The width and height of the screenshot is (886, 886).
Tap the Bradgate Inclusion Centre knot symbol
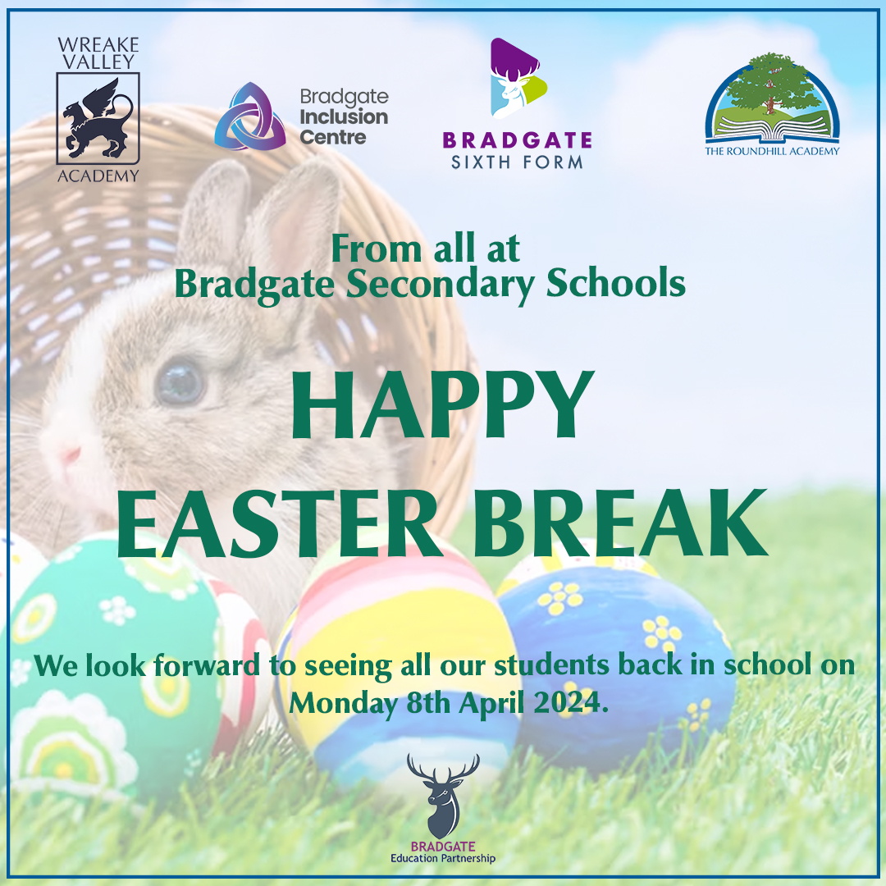pyautogui.click(x=250, y=116)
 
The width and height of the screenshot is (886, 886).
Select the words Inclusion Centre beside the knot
pyautogui.click(x=344, y=127)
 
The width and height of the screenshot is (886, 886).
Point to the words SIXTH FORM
pyautogui.click(x=517, y=162)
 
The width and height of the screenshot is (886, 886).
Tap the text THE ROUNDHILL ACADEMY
pyautogui.click(x=772, y=150)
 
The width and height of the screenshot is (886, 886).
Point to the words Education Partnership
pyautogui.click(x=443, y=859)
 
